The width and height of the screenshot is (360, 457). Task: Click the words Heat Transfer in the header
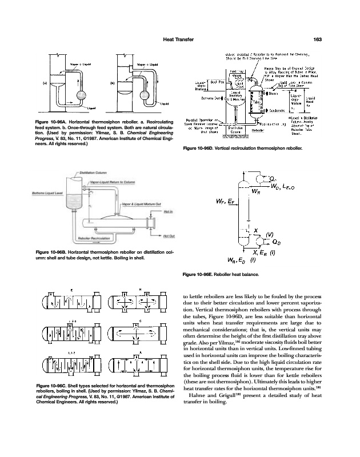click(179, 39)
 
